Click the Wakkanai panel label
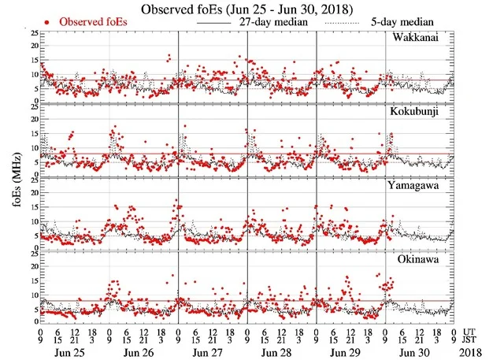pyautogui.click(x=424, y=38)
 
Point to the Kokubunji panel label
pyautogui.click(x=424, y=112)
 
